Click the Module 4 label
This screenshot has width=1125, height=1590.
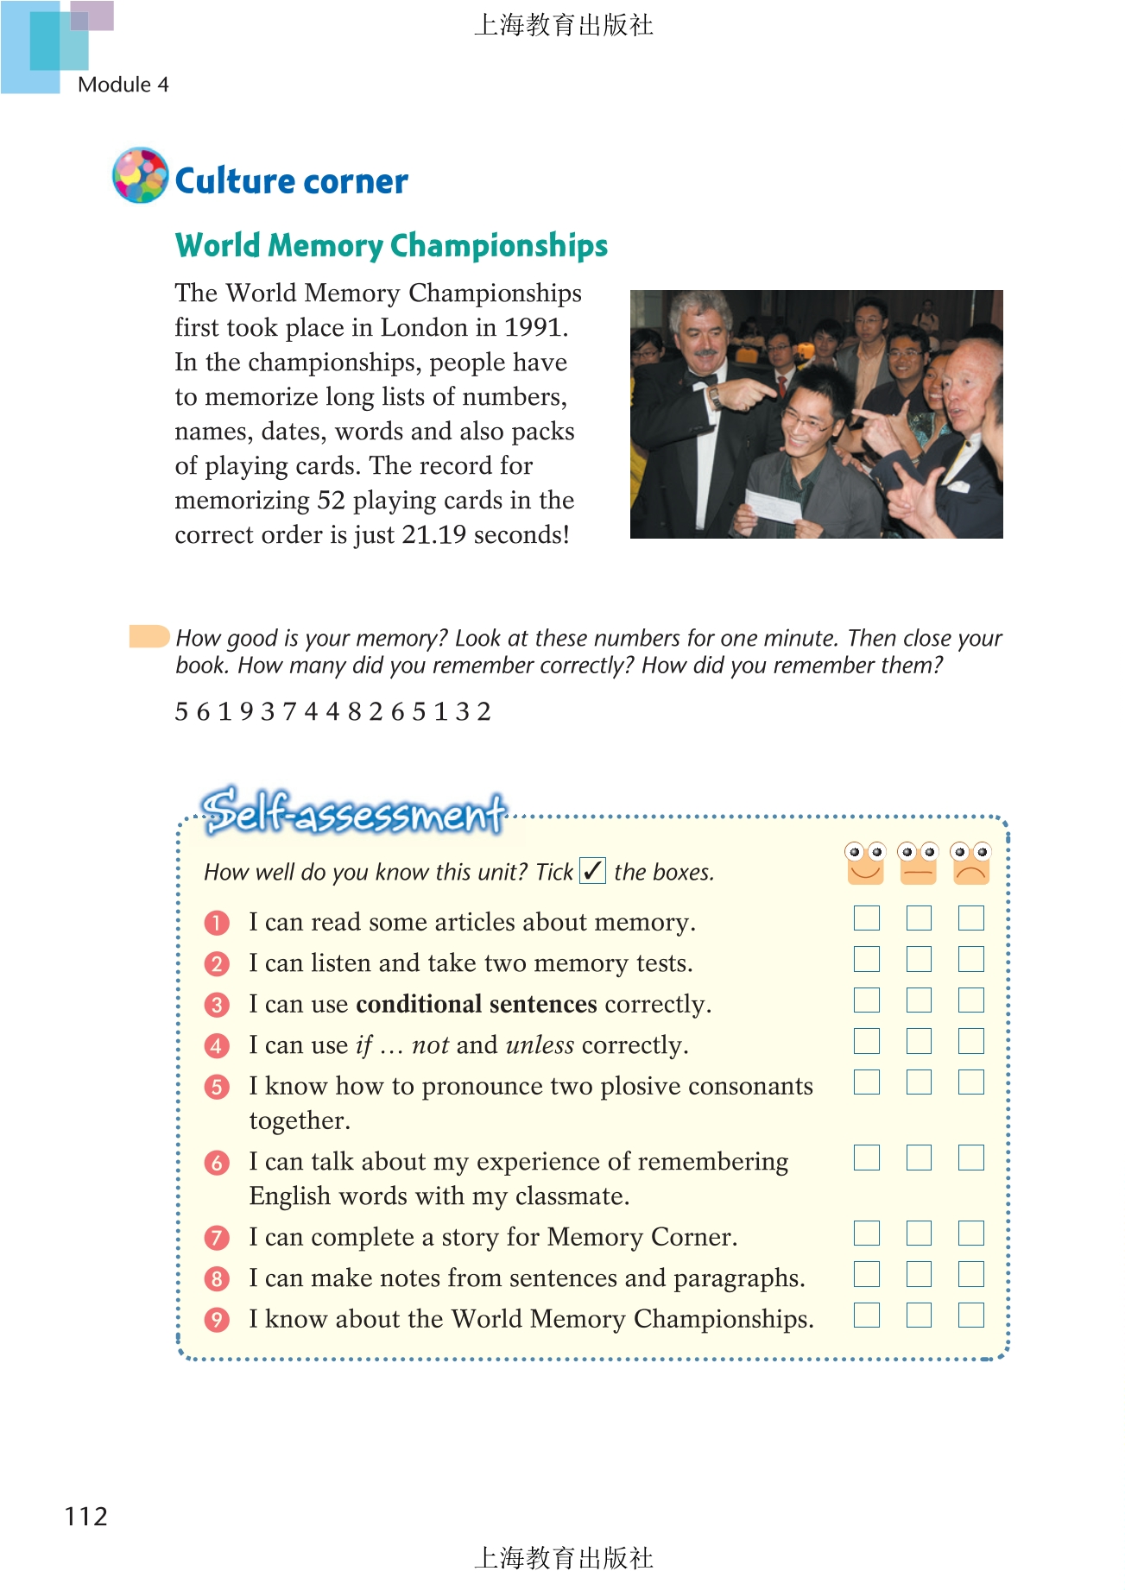(x=123, y=85)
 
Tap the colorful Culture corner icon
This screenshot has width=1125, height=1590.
(x=140, y=175)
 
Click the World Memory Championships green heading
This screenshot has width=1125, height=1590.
(x=391, y=245)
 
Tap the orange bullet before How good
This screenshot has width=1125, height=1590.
(x=149, y=636)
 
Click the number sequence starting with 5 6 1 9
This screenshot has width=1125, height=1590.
(x=332, y=712)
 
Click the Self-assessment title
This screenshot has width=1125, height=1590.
(x=354, y=812)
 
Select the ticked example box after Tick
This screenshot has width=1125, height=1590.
(x=592, y=871)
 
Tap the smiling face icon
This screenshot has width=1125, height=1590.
(x=866, y=862)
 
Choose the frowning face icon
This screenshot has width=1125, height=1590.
(x=970, y=862)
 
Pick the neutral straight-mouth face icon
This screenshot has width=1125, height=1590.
(x=918, y=862)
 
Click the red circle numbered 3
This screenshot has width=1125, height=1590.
(x=217, y=1005)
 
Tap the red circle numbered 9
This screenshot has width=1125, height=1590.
(x=217, y=1320)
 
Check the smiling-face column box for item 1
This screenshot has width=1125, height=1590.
(x=867, y=918)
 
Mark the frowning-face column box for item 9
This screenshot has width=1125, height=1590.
(x=971, y=1315)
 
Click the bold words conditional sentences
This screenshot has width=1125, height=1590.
(x=476, y=1004)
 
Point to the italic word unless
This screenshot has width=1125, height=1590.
(x=540, y=1045)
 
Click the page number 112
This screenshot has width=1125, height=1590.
(x=86, y=1517)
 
